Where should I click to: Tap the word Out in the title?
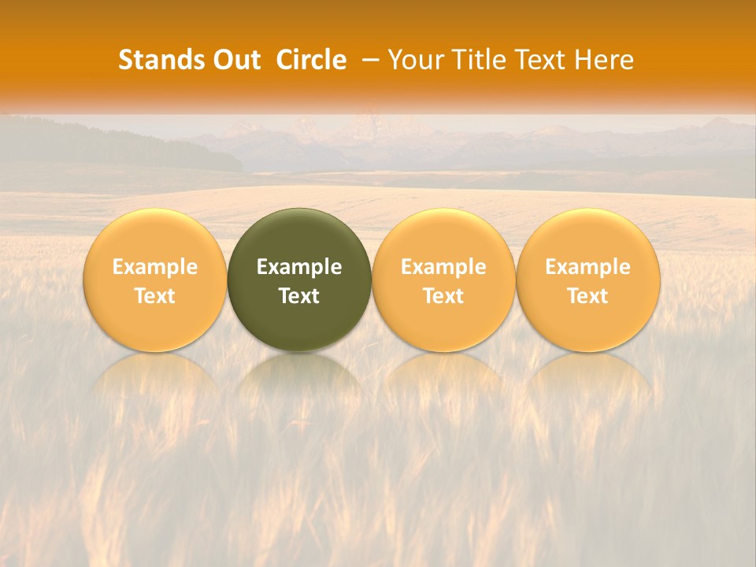pos(236,60)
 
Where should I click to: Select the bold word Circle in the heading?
pos(311,60)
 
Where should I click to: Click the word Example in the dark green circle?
pos(299,267)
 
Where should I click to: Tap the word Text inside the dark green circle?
pos(299,296)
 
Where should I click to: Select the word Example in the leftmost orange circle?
pos(155,267)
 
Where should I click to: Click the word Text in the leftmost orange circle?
pos(155,296)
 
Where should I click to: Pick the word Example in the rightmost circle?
pos(587,267)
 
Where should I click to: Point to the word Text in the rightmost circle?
pos(587,296)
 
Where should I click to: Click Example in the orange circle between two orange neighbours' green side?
pos(443,267)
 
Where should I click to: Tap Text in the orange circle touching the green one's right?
pos(443,296)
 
